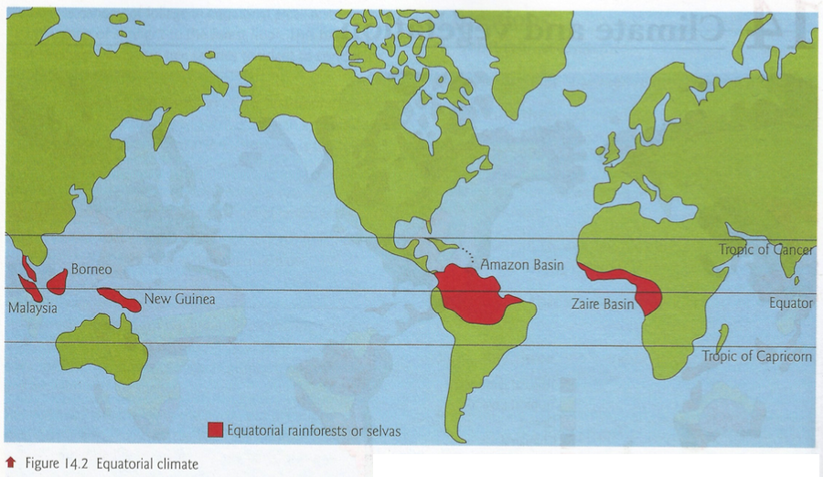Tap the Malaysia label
[32, 308]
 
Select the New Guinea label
[179, 299]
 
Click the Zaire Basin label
[604, 303]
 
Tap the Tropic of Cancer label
[765, 249]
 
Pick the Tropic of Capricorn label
[756, 356]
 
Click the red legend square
[216, 429]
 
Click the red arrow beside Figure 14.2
[10, 463]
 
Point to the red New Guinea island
[119, 299]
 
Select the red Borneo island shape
[57, 281]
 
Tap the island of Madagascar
[722, 341]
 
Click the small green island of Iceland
[574, 96]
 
